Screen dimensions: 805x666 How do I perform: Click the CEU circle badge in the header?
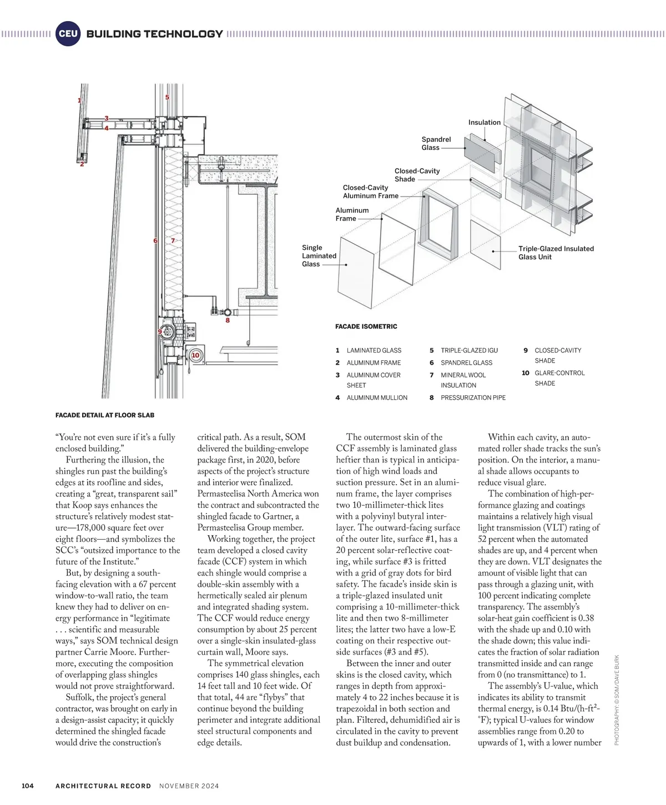click(68, 34)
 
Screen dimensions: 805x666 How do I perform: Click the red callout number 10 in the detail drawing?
click(195, 355)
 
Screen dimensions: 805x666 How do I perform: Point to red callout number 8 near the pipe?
click(228, 320)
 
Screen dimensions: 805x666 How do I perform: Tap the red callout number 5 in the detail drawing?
click(167, 98)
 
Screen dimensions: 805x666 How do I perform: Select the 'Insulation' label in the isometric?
click(484, 122)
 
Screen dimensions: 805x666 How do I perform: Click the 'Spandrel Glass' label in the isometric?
click(436, 143)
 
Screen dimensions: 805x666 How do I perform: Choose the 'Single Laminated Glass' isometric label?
click(319, 256)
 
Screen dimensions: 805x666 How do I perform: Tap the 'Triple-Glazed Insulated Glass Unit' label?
click(556, 253)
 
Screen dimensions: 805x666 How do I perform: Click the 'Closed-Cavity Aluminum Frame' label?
click(370, 192)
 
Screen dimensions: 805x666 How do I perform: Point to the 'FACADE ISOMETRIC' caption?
click(366, 326)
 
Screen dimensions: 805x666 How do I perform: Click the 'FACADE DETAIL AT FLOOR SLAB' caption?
click(105, 415)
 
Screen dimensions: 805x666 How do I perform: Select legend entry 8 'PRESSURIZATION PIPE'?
click(473, 398)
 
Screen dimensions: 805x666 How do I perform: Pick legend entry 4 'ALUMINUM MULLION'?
click(377, 398)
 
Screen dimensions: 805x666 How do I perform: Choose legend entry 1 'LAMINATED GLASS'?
click(374, 350)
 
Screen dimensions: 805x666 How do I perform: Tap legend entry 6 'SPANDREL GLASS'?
click(466, 363)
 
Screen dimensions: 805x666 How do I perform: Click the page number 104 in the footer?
click(28, 786)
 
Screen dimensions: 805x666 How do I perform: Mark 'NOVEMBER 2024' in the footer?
click(189, 786)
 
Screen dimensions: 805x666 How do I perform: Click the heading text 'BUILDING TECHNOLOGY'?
click(154, 34)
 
